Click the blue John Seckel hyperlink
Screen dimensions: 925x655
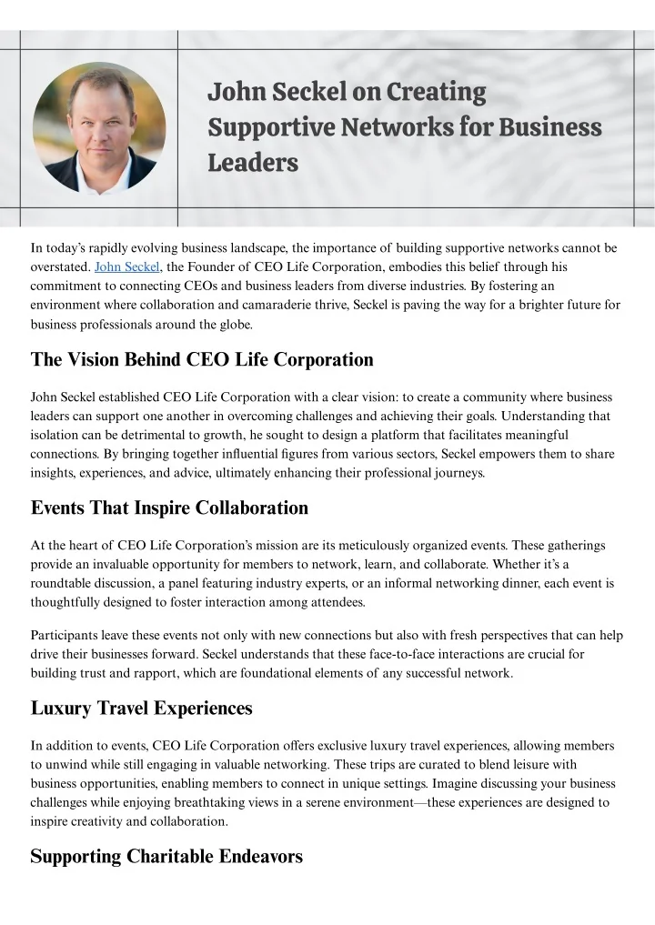pos(127,266)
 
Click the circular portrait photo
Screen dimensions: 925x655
pos(99,127)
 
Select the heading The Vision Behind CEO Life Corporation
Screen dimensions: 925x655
pos(202,359)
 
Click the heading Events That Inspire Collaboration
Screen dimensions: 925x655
pos(169,508)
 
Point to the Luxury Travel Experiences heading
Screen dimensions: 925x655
pos(141,707)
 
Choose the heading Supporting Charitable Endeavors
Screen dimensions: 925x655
pos(166,856)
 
